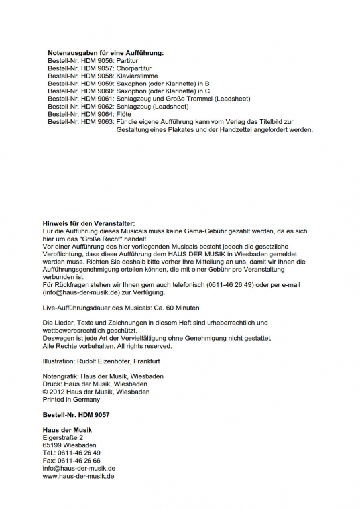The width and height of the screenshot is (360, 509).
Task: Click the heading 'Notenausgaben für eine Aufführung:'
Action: [x=105, y=52]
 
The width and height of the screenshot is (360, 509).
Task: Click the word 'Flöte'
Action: [x=125, y=114]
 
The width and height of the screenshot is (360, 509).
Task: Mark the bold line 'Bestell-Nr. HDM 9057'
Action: [x=76, y=414]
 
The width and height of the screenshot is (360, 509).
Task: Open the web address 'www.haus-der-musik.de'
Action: [x=78, y=476]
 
